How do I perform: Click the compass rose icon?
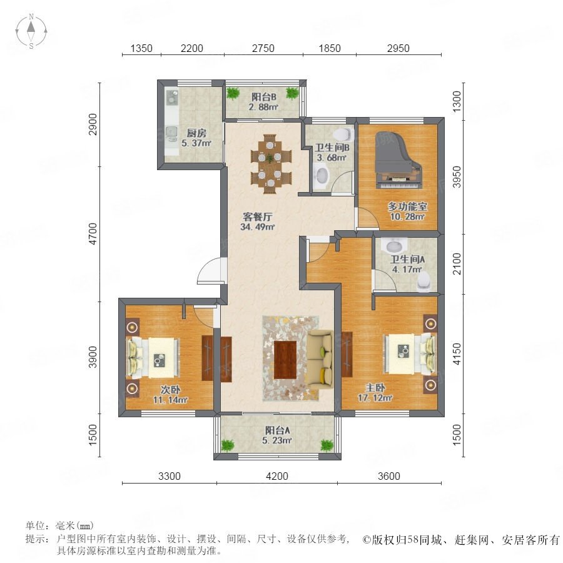31,31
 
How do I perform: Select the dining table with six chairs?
271,164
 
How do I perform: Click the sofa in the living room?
320,360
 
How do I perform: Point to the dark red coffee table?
285,360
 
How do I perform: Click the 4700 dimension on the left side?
93,234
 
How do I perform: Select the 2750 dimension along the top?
263,48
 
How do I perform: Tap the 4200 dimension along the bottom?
277,476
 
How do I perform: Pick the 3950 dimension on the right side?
457,176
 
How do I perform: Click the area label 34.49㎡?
258,227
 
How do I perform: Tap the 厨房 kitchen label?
196,133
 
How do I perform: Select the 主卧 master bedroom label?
375,388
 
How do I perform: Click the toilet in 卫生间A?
424,280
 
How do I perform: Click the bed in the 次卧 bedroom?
153,358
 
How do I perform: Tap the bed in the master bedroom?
410,353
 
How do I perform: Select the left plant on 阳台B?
233,93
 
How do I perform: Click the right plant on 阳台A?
327,445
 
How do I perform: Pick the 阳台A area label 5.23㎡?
277,440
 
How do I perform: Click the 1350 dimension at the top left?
141,48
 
